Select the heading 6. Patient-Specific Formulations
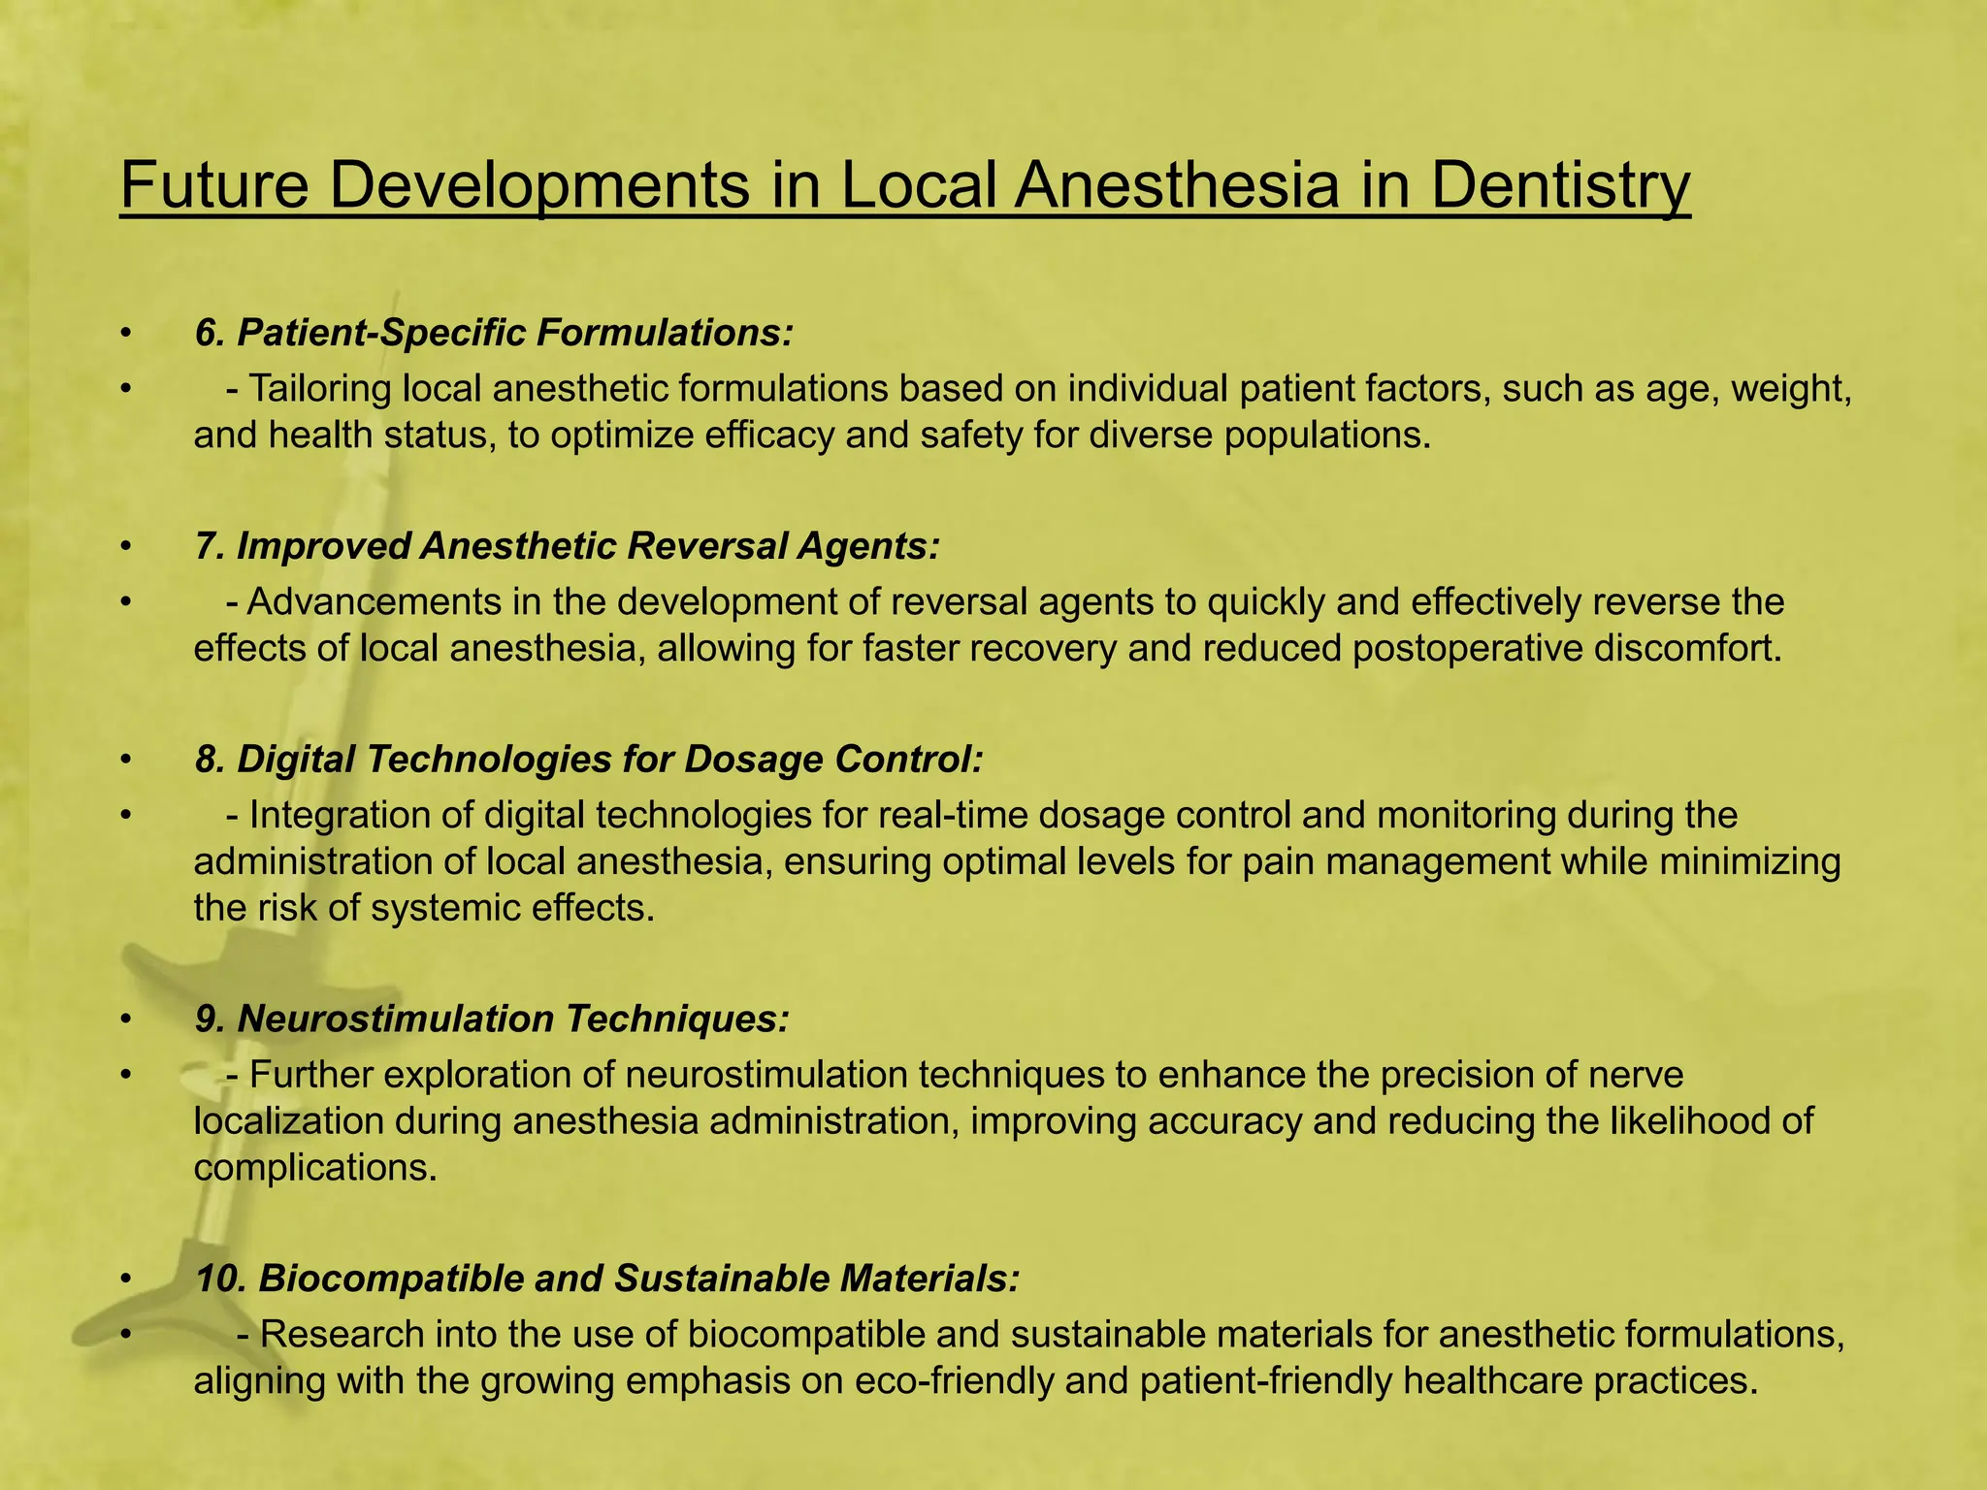pos(494,333)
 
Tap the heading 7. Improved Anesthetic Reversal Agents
pos(567,546)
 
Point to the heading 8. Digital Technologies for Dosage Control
pos(589,759)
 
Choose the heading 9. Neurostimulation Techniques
pos(492,1019)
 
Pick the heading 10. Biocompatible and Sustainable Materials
pos(607,1279)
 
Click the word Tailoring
pos(321,389)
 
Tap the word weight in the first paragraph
pos(1791,389)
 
